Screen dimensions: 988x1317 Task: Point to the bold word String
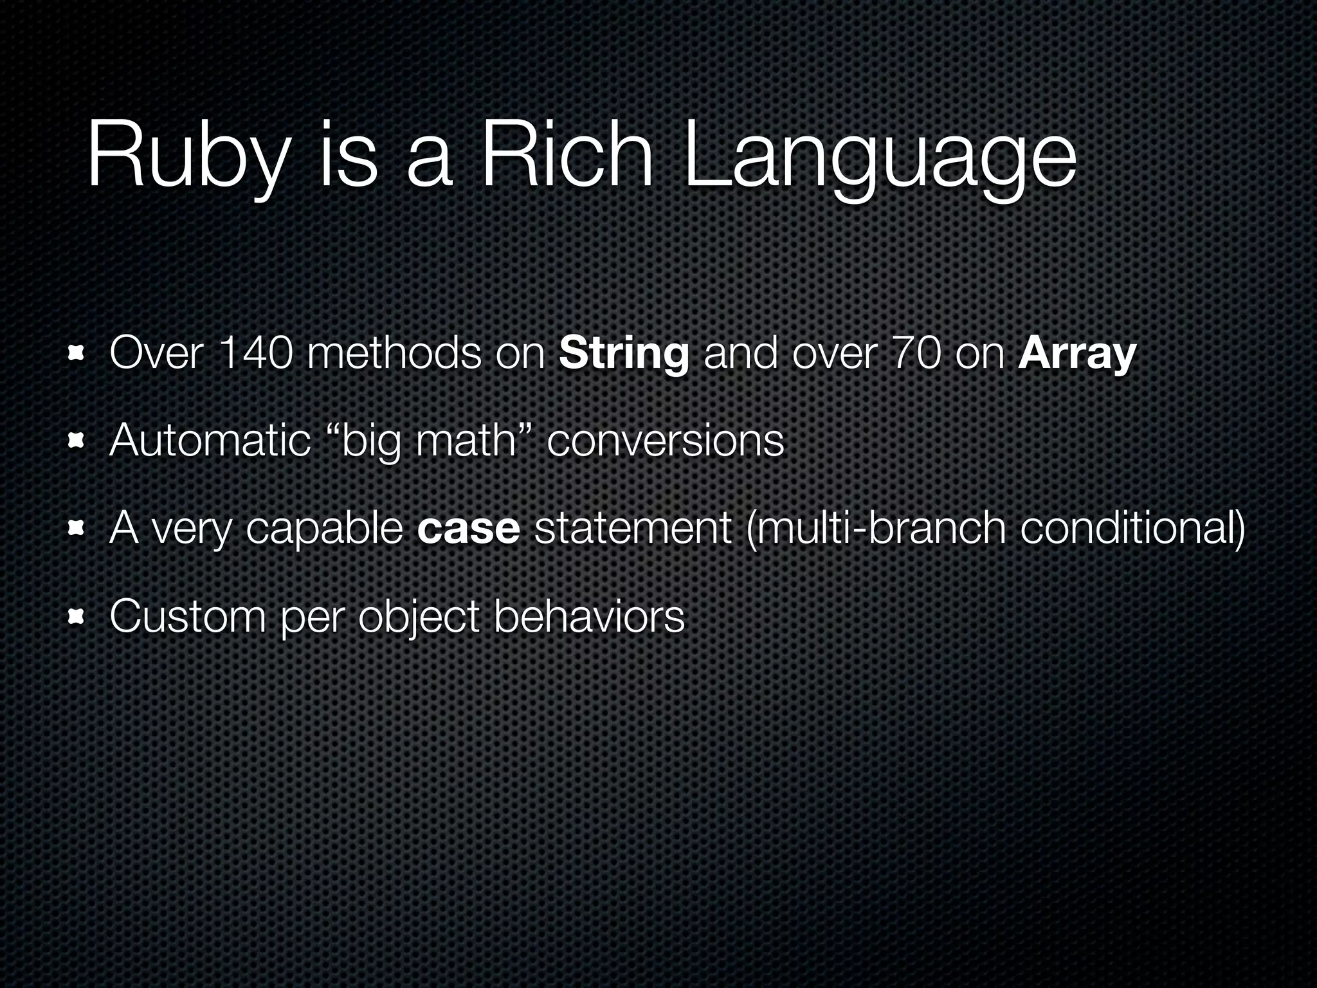pos(624,355)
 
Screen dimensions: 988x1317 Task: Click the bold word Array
pos(1077,355)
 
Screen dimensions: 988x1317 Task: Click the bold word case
pos(468,529)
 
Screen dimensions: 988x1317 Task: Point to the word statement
pos(633,529)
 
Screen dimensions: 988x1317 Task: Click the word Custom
pos(187,616)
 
